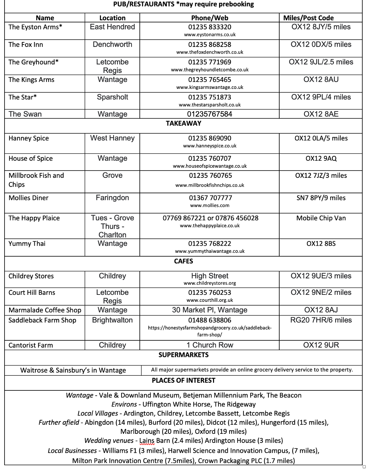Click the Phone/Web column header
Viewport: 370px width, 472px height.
210,18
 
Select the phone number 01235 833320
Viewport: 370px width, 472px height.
210,27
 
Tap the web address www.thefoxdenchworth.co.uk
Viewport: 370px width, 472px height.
210,52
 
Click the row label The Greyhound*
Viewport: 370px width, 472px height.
34,62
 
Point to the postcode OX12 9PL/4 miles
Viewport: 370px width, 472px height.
321,97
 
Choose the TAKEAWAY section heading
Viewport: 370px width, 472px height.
183,123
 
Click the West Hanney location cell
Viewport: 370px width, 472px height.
112,138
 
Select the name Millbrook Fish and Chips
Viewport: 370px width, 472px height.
36,180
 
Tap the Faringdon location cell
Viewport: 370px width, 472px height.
112,198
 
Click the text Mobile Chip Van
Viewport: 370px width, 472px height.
321,218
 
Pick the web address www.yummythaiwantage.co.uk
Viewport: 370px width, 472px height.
210,251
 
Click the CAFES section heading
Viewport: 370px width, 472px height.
183,261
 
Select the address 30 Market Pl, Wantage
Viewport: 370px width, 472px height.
210,310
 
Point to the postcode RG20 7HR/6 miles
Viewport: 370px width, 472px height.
321,320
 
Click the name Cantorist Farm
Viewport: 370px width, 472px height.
31,345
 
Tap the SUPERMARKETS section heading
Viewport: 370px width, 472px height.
183,355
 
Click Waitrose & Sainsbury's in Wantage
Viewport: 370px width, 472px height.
73,370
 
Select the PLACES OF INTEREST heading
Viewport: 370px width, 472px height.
183,381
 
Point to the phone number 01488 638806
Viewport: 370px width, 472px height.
210,320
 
